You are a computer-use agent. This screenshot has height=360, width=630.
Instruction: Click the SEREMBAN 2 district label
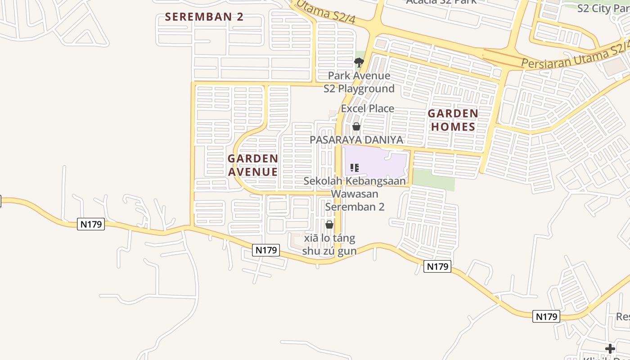coord(204,17)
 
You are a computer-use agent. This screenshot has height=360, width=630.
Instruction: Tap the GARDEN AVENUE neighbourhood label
coord(252,165)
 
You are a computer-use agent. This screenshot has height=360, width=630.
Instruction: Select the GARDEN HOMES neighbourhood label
coord(453,120)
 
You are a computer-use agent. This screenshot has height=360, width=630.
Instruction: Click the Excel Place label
coord(367,108)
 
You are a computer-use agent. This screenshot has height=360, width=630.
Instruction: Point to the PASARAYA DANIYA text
coord(356,140)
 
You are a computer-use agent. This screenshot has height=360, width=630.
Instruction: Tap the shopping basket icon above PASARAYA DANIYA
coord(356,127)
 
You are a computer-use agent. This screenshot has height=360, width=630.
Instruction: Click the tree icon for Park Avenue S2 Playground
coord(359,63)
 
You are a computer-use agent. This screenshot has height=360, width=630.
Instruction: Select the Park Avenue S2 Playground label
coord(359,82)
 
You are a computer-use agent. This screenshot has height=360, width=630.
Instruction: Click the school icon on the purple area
coord(355,168)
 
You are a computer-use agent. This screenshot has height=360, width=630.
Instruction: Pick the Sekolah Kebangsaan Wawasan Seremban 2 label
coord(354,194)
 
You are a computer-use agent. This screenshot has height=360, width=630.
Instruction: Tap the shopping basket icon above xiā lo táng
coord(329,225)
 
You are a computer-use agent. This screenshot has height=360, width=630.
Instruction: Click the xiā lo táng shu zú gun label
coord(329,245)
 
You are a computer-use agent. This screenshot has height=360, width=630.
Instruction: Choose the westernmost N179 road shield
coord(91,224)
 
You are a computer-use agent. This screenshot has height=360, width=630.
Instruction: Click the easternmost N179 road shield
coord(547,316)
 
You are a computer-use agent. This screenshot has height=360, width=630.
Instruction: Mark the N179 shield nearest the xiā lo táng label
coord(265,250)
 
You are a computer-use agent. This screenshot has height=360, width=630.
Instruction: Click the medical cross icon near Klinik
coord(610,349)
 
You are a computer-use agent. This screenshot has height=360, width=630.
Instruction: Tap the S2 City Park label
coord(603,8)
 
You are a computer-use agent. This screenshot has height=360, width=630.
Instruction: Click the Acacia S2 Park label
coord(441,2)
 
